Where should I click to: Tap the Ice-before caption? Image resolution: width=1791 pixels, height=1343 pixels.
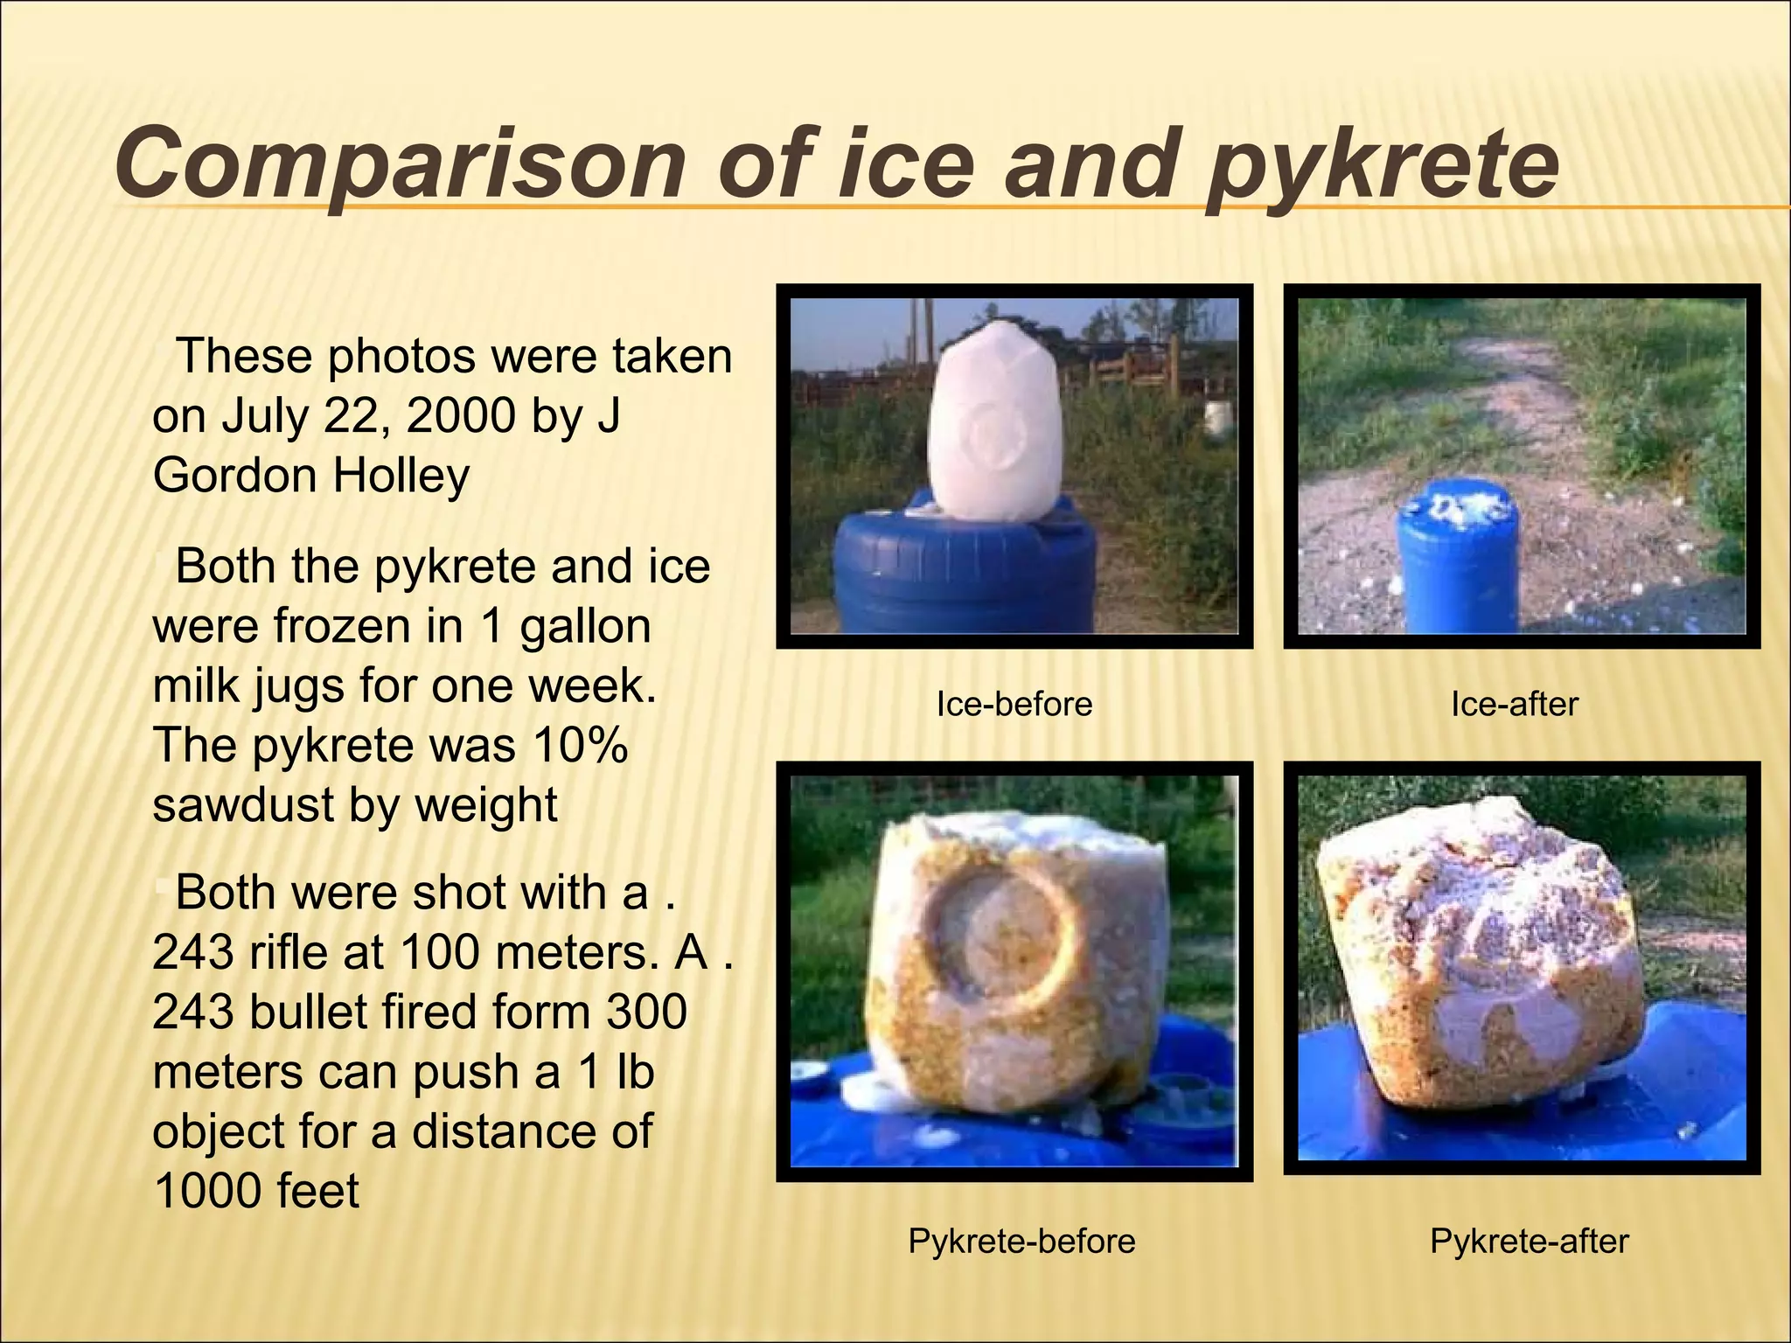pyautogui.click(x=1014, y=704)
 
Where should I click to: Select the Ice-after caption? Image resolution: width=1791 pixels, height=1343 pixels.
pyautogui.click(x=1514, y=704)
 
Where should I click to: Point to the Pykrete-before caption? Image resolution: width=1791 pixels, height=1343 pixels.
pyautogui.click(x=1021, y=1241)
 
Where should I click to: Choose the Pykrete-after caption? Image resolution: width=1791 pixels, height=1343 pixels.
pyautogui.click(x=1529, y=1241)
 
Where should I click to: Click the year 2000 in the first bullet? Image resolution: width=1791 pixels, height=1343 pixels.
pyautogui.click(x=461, y=415)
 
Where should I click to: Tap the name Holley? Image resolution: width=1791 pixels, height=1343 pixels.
pyautogui.click(x=401, y=476)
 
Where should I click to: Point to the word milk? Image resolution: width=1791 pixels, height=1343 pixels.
pyautogui.click(x=196, y=685)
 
